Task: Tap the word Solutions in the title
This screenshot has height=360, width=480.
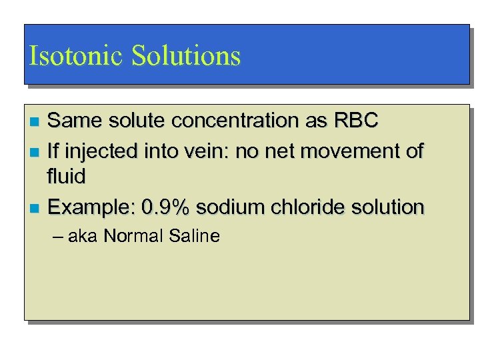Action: pyautogui.click(x=186, y=56)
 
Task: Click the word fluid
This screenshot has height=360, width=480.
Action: pyautogui.click(x=67, y=177)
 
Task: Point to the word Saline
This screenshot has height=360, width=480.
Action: pyautogui.click(x=193, y=236)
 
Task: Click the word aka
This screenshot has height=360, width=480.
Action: pyautogui.click(x=83, y=236)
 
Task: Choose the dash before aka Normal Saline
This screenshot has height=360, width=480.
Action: pyautogui.click(x=56, y=236)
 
